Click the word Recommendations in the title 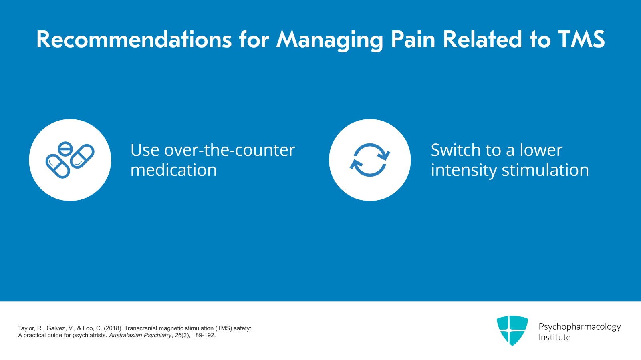pos(134,40)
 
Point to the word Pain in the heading pos(413,40)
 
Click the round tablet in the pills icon pos(65,149)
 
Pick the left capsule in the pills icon pos(58,166)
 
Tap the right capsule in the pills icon pos(83,156)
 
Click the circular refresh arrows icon pos(370,160)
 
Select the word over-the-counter pos(230,150)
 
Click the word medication pos(173,170)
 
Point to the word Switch pos(455,150)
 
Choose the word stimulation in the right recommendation pos(545,170)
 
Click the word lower pos(541,150)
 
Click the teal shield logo pos(512,330)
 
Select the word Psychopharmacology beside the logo pos(579,327)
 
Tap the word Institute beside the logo pos(554,338)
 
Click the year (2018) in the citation pos(113,328)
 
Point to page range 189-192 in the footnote pos(204,335)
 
